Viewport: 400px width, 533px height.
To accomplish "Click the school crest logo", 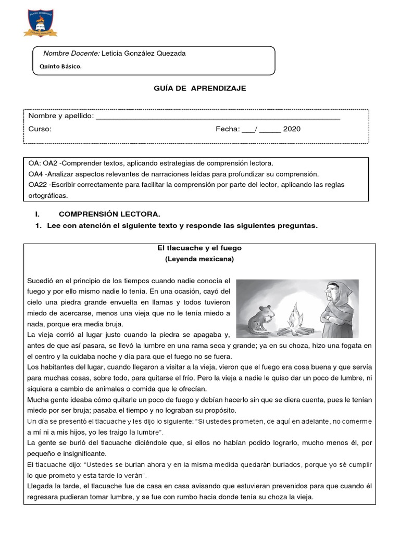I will click(41, 19).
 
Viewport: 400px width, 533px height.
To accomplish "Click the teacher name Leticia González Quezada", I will click(143, 54).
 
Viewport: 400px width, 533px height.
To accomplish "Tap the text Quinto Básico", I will click(61, 67).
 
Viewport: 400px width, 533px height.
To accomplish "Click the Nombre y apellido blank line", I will click(218, 117).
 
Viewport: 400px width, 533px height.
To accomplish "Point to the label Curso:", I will click(40, 130).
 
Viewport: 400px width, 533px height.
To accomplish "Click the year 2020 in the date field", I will click(292, 130).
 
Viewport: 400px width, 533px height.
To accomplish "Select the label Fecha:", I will click(228, 130).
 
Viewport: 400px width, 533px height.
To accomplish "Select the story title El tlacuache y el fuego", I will click(199, 248).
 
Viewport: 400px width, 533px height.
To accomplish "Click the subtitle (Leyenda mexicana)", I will click(199, 259).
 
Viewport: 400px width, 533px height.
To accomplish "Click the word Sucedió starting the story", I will click(41, 281).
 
